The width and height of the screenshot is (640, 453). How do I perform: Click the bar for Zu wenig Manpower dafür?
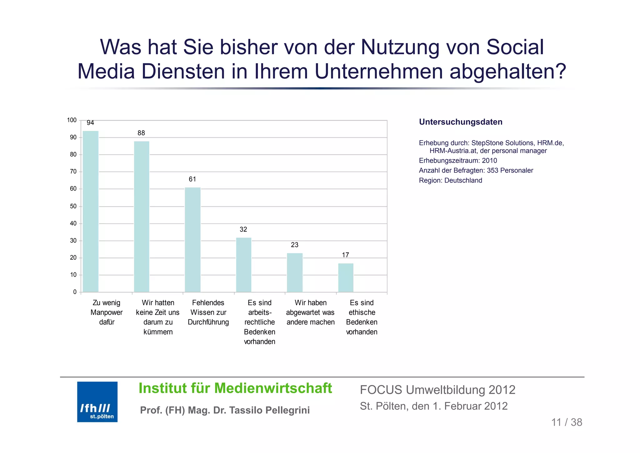point(91,211)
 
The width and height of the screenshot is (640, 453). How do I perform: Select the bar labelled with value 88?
point(142,216)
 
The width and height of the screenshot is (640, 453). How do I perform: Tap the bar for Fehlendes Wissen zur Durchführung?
point(192,240)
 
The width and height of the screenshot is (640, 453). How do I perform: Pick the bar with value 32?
point(243,265)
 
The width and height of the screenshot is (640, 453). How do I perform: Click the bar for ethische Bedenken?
point(346,277)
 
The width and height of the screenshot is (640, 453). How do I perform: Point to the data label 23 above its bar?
point(294,245)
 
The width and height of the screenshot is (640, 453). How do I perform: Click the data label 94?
point(90,123)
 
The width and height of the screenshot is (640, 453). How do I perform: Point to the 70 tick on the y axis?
point(73,171)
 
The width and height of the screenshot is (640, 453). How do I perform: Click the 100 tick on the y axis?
point(72,120)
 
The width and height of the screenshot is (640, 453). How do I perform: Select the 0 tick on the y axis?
point(75,292)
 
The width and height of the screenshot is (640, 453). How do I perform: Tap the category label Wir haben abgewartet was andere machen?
point(310,312)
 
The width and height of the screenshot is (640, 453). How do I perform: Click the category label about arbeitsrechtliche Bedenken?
point(259,322)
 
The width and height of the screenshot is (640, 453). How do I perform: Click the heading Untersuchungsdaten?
point(460,122)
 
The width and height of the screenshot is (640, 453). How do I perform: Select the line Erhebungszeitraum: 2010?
point(458,160)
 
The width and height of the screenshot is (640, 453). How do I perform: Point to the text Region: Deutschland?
point(450,181)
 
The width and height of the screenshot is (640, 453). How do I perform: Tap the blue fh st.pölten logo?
point(97,402)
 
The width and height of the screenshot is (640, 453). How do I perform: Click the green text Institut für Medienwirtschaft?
point(235,388)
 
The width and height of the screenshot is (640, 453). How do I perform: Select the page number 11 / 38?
point(567,422)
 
